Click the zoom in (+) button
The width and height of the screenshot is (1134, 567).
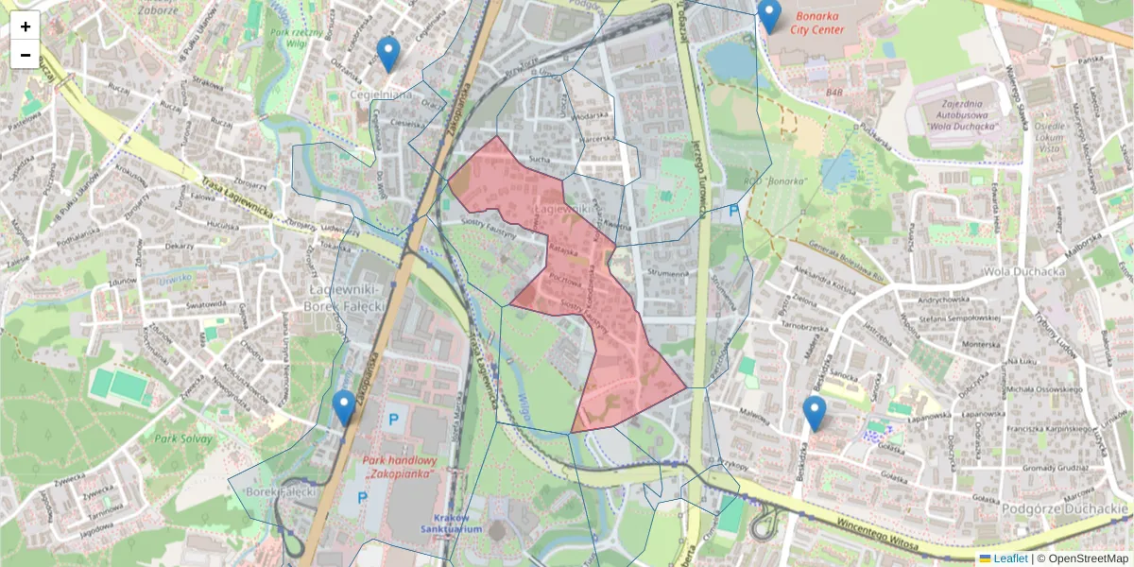(x=26, y=26)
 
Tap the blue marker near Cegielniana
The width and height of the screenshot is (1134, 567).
(x=387, y=54)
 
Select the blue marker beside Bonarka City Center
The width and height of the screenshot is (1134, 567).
(x=770, y=15)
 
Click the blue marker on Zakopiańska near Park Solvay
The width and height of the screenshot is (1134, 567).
(x=344, y=408)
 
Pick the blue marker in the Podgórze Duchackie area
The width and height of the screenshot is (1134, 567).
(x=814, y=413)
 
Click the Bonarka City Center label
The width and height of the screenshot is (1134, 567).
(x=817, y=23)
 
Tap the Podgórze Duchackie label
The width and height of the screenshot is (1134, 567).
(x=1064, y=509)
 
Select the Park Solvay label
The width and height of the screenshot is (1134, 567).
(x=180, y=438)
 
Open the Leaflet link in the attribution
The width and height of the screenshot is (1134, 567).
(x=1009, y=558)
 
